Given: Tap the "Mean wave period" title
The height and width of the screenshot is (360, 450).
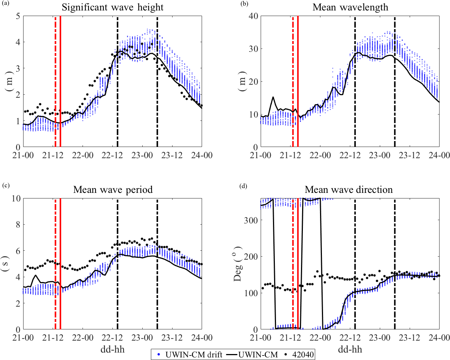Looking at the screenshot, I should click(x=113, y=190).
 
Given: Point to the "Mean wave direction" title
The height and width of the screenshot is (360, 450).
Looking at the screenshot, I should click(x=350, y=190).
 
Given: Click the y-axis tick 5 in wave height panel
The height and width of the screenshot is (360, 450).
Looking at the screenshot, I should click(x=18, y=16).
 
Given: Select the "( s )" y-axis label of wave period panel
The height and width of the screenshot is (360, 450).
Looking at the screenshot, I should click(x=7, y=264).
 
